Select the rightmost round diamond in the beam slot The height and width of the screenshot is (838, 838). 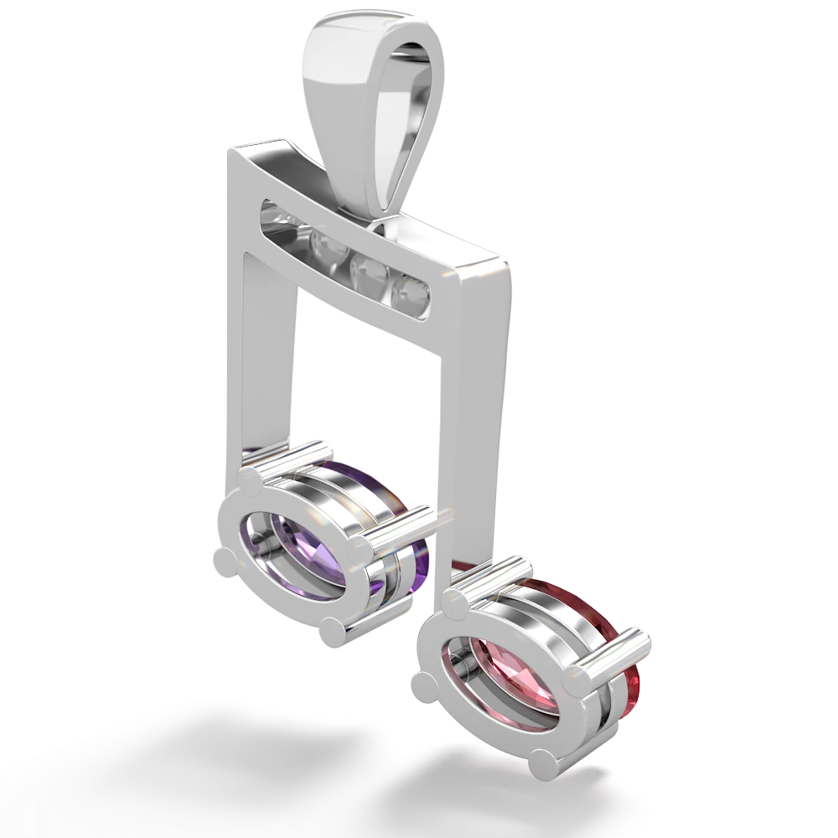pyautogui.click(x=412, y=291)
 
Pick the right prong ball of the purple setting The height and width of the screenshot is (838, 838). pyautogui.click(x=361, y=551)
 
